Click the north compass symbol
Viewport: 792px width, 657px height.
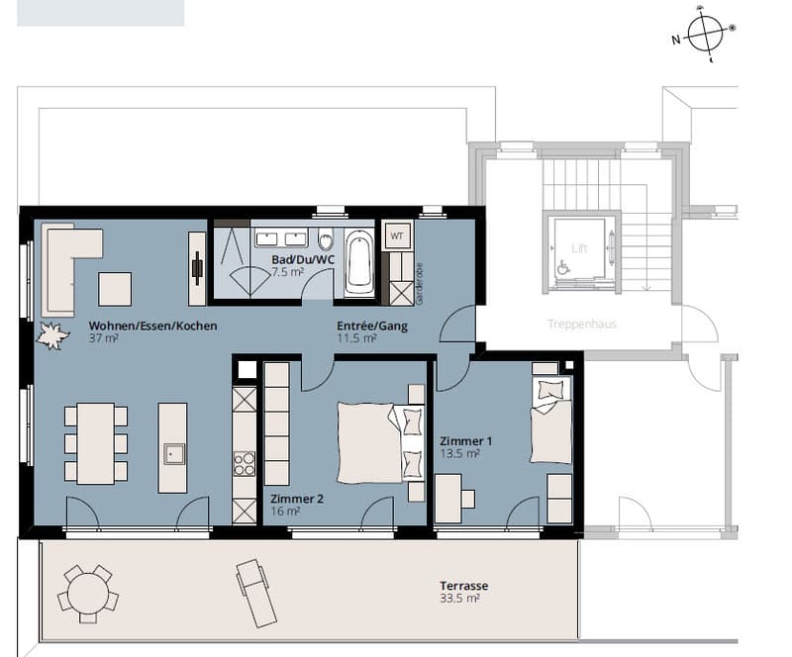coord(705,34)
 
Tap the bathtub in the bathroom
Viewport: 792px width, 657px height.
coord(358,262)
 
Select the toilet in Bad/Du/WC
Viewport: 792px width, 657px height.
coord(327,238)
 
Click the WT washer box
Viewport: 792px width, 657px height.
coord(397,235)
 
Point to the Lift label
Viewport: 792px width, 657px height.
coord(579,248)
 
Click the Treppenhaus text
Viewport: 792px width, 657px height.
coord(582,324)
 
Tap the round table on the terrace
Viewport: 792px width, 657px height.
coord(88,595)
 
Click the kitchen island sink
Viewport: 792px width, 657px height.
coord(173,454)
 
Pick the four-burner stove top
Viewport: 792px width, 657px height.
coord(244,464)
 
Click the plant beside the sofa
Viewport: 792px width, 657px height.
coord(51,334)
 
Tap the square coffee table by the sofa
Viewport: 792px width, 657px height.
coord(115,289)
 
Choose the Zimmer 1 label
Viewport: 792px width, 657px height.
coord(465,441)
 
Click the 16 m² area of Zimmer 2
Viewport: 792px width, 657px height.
coord(285,512)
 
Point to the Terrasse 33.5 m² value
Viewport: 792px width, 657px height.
coord(459,599)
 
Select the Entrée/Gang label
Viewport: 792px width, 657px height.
coord(372,326)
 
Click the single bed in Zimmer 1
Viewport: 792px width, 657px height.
coord(550,420)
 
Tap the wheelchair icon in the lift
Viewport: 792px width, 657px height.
coord(561,267)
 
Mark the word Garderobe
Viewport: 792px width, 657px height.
coord(419,284)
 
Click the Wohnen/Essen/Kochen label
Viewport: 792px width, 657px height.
coord(153,326)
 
